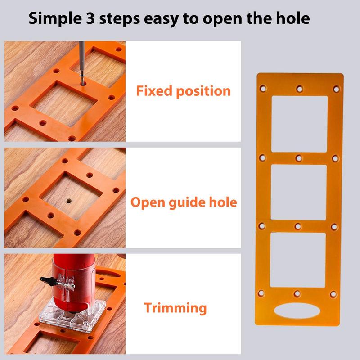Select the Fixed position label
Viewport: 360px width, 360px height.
183,91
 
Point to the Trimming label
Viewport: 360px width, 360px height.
175,308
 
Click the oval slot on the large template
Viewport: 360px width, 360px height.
297,313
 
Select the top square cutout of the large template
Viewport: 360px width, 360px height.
299,124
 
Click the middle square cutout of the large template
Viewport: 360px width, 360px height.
299,192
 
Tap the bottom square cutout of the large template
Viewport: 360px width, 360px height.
298,260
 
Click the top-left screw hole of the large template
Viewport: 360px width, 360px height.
263,89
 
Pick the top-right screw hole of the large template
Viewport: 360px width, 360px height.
336,89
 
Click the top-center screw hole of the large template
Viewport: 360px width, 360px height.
299,89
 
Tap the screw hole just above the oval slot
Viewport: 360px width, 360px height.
297,294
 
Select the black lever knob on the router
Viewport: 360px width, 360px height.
45,279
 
